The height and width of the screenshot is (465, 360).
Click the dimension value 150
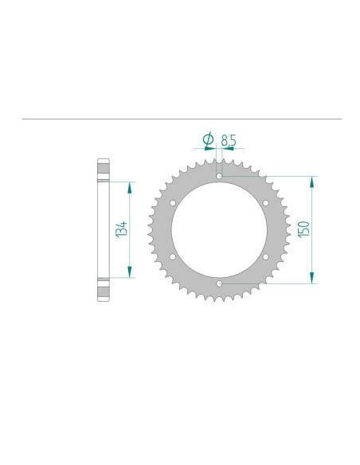tap(303, 229)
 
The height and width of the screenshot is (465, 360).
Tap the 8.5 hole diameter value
tap(229, 140)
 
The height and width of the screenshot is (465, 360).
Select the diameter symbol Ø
tap(208, 140)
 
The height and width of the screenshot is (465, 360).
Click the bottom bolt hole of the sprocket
tap(219, 282)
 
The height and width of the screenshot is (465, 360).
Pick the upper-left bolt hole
tap(173, 202)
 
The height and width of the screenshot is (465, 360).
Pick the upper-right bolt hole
tap(265, 202)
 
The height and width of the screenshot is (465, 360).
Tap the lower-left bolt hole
tap(173, 256)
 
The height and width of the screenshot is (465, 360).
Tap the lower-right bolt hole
tap(265, 256)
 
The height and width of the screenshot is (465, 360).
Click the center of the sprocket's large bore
tap(219, 229)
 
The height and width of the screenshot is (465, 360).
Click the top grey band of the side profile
tap(101, 170)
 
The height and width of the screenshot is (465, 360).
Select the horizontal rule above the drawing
tap(180, 119)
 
